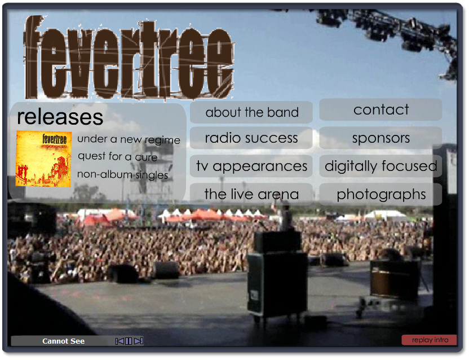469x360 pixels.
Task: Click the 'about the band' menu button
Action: click(251, 112)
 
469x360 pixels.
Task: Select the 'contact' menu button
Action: click(380, 109)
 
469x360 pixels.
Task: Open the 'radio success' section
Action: click(251, 138)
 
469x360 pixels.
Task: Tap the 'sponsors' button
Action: click(380, 138)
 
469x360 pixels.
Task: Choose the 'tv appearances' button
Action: click(251, 166)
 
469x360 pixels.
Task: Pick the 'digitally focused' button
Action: click(380, 166)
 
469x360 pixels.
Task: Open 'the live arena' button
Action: click(251, 194)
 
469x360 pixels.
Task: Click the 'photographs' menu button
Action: click(380, 194)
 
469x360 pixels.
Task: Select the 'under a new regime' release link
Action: click(129, 139)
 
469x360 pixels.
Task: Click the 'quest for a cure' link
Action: click(118, 157)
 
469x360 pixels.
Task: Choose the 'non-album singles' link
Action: click(123, 174)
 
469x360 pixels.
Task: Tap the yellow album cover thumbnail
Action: click(43, 159)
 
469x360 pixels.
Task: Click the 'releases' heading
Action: click(60, 117)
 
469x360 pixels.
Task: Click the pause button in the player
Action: click(129, 341)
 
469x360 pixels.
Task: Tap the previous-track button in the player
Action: click(120, 341)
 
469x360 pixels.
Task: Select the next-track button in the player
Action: click(139, 341)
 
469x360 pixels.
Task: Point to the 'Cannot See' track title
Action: click(63, 341)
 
